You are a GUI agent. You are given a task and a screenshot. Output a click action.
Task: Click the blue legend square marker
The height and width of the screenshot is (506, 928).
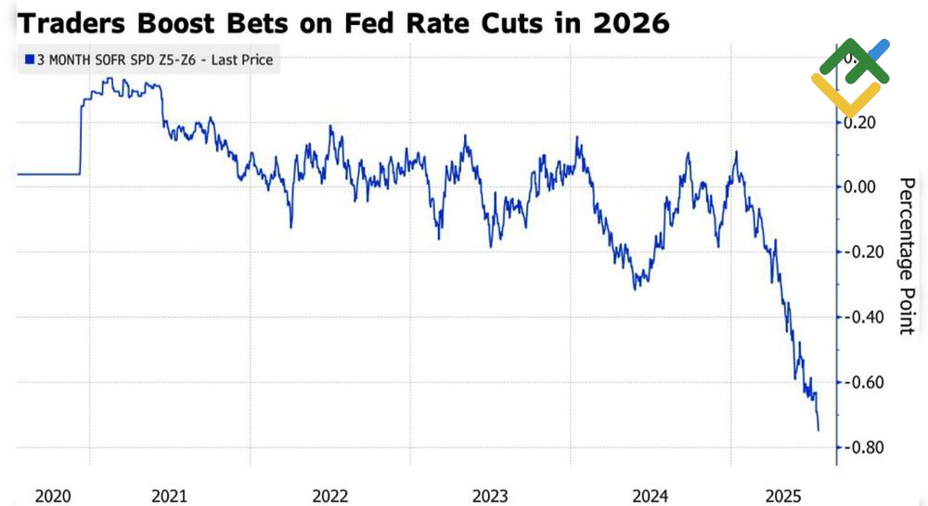(29, 61)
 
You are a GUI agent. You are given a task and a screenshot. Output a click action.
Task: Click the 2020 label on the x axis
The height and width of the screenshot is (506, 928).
(53, 497)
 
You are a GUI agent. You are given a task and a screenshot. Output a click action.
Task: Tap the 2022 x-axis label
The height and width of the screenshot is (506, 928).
(330, 497)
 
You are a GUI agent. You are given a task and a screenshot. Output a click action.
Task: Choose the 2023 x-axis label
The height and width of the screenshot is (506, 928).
(490, 497)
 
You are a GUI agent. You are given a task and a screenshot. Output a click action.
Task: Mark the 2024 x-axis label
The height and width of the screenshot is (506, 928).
(650, 497)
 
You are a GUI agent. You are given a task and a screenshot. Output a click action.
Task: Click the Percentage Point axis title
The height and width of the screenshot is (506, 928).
(909, 256)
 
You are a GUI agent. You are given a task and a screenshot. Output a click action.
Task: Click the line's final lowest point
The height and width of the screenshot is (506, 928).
(818, 430)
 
